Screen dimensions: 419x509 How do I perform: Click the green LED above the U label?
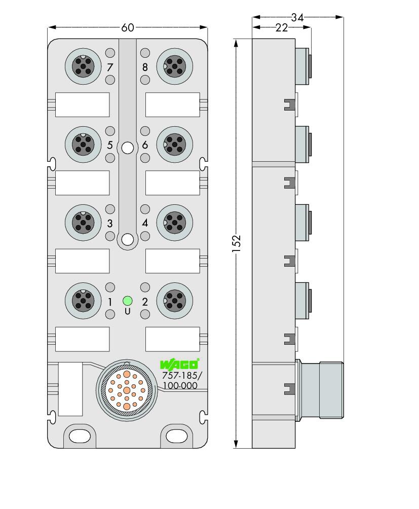[128, 301]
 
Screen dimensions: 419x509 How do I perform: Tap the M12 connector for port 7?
[83, 66]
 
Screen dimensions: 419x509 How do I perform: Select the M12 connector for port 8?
[174, 66]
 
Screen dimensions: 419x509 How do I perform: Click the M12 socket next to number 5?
[83, 144]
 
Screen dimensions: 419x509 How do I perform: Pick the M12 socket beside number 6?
[174, 144]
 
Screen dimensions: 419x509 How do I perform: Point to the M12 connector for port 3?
[83, 223]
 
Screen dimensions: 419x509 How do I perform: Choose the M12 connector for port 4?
[174, 223]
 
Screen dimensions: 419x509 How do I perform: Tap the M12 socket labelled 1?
[83, 301]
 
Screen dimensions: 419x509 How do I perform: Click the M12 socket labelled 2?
[174, 301]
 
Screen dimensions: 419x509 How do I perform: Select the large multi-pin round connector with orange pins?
[127, 390]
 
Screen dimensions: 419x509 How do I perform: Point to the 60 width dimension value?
[128, 27]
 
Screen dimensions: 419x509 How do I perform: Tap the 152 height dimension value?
[237, 243]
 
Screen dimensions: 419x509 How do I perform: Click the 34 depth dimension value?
[297, 17]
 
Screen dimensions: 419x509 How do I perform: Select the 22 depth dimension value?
[282, 28]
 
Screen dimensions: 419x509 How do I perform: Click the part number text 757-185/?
[182, 376]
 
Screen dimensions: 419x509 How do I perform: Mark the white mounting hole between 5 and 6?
[128, 148]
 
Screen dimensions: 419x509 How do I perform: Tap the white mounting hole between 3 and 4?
[128, 240]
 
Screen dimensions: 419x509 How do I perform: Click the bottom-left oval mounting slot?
[80, 437]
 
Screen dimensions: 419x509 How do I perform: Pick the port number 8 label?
[145, 67]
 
